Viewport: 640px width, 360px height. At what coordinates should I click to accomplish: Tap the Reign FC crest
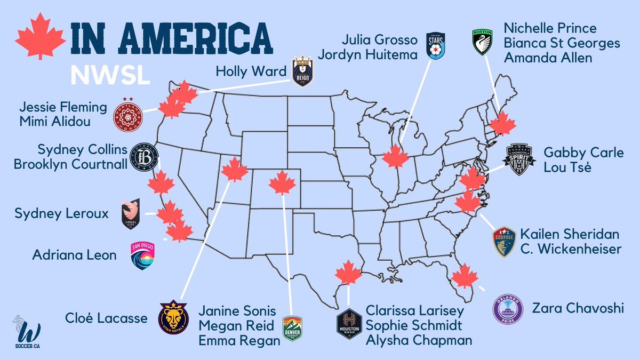[x=302, y=72]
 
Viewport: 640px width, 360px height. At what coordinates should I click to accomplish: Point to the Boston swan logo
[x=482, y=42]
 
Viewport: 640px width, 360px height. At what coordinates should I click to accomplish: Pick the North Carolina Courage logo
[x=504, y=241]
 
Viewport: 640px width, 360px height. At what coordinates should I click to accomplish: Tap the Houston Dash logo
[x=349, y=324]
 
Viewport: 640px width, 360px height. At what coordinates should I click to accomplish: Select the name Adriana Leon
[x=74, y=255]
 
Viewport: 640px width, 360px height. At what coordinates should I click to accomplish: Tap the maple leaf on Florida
[x=465, y=277]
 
